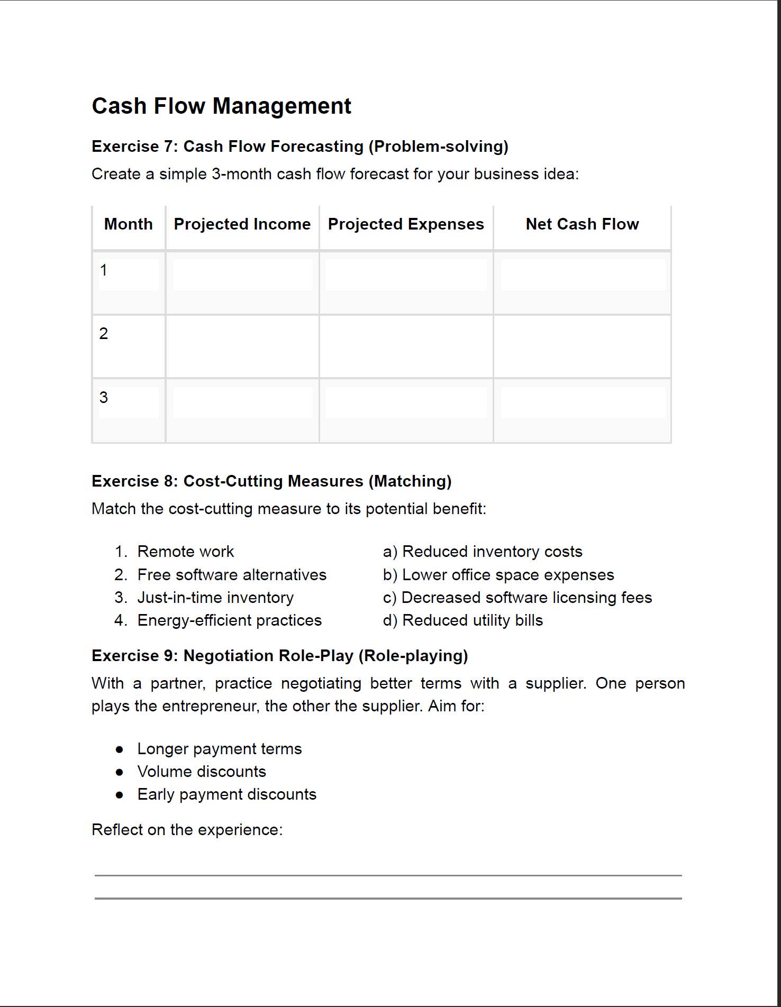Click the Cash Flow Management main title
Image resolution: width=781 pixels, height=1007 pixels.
click(x=221, y=106)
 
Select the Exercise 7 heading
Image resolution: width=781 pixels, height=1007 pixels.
click(x=299, y=147)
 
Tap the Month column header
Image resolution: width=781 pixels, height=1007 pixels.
click(x=128, y=224)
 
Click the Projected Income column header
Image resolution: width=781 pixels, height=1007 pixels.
click(x=242, y=224)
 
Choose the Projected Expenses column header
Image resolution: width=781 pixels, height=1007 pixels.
click(x=406, y=224)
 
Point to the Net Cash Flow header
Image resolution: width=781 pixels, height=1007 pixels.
click(x=582, y=224)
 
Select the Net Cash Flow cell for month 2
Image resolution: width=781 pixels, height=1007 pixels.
click(x=582, y=346)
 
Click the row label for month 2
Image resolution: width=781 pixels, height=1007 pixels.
click(x=104, y=334)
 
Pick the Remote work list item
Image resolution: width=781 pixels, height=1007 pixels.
click(x=185, y=552)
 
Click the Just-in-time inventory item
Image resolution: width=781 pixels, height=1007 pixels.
click(x=215, y=598)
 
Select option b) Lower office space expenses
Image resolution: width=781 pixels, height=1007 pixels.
click(x=498, y=575)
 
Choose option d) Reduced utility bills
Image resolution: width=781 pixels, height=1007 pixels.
click(x=463, y=620)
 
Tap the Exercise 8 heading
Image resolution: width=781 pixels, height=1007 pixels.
click(x=271, y=481)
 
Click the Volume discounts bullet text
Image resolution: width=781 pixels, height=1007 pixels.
click(x=202, y=772)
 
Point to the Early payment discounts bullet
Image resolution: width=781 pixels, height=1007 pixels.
click(x=226, y=794)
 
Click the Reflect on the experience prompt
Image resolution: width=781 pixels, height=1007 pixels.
click(x=187, y=830)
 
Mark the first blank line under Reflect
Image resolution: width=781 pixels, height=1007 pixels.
click(x=388, y=875)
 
